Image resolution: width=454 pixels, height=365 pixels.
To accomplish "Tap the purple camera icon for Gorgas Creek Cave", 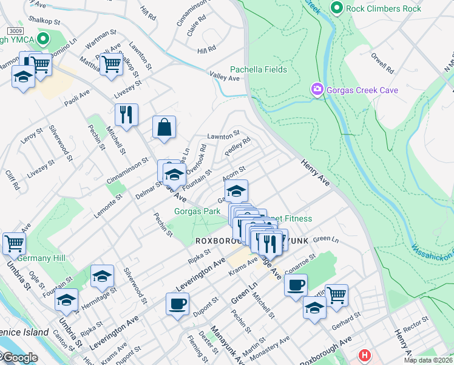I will [x=317, y=90].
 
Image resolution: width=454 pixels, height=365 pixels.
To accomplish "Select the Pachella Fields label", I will [x=258, y=69].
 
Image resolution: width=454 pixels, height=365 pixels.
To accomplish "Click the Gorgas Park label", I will [x=197, y=211].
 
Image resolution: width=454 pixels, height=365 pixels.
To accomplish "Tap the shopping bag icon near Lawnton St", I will [x=164, y=128].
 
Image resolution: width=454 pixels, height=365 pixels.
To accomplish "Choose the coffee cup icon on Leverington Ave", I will [x=177, y=304].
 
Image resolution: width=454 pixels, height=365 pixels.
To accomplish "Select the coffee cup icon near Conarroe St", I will [x=296, y=285].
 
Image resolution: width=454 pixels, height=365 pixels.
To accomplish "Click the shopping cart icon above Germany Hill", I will [x=14, y=243].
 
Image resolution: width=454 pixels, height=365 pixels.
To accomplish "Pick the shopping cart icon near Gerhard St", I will [x=336, y=295].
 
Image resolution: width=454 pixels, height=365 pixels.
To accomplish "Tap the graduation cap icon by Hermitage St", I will [x=103, y=276].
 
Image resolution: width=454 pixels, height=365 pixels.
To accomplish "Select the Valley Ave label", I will [x=225, y=77].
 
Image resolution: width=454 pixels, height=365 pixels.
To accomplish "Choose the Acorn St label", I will [x=234, y=173].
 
